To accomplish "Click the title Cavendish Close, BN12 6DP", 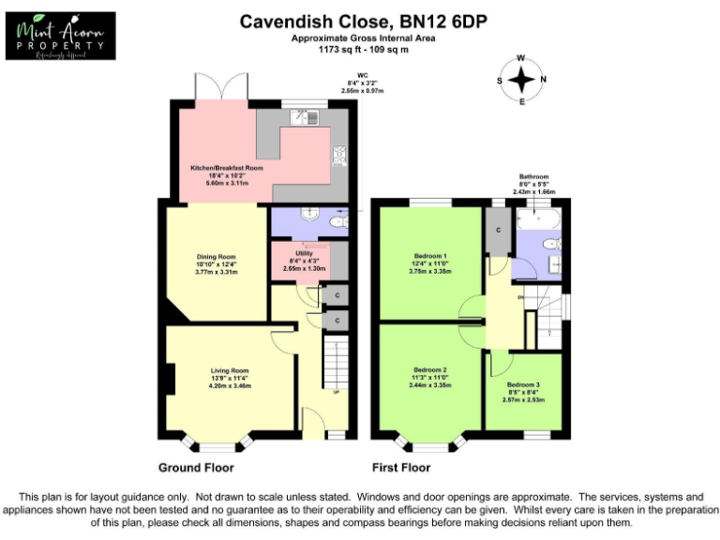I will point(363,21).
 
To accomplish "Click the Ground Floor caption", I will point(196,467).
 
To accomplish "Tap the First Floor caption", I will point(401,467).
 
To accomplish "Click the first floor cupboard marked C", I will point(497,229).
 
